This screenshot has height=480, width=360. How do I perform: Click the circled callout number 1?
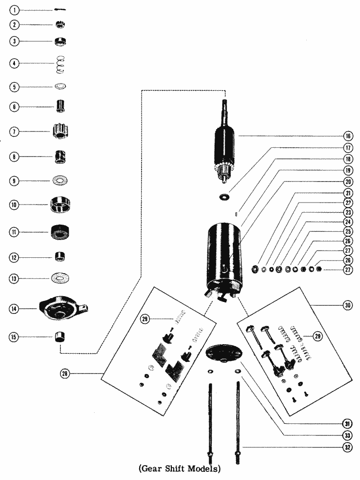14,11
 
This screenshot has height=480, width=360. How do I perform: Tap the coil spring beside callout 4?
60,64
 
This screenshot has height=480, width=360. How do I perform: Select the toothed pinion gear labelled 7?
60,131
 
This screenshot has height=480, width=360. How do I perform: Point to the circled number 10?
14,205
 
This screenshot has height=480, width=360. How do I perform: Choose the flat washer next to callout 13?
60,278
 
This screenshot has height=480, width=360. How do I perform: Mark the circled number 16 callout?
348,136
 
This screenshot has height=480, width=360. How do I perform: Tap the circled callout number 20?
348,182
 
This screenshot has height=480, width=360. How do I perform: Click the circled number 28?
65,373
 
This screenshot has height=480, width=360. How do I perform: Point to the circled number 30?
348,305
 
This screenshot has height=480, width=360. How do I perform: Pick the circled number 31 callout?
347,424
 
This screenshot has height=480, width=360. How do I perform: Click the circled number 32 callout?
347,447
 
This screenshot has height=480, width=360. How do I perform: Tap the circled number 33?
347,435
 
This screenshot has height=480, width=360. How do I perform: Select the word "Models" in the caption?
204,468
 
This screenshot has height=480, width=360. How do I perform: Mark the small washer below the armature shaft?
225,196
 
